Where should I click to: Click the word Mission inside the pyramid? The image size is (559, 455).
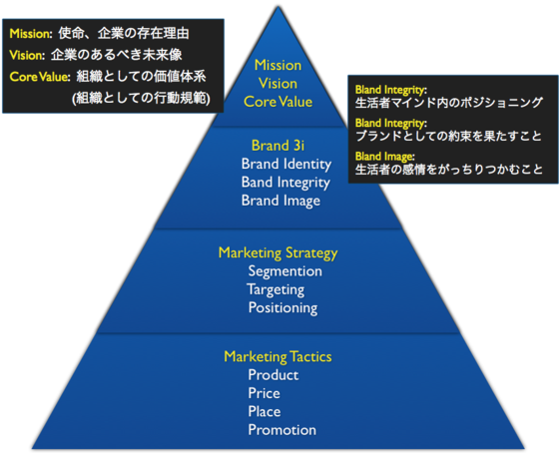click(x=278, y=65)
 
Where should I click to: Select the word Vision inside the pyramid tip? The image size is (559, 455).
click(x=278, y=83)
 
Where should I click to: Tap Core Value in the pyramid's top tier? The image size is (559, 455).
click(x=278, y=101)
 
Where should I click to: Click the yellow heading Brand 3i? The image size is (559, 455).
click(x=279, y=145)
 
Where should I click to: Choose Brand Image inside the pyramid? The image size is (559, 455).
click(x=280, y=201)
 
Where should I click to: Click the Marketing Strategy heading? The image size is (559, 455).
click(x=278, y=252)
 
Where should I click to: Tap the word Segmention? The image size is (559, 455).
click(x=284, y=271)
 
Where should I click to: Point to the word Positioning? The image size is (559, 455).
click(x=282, y=307)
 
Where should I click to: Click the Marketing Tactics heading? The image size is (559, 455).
click(x=278, y=356)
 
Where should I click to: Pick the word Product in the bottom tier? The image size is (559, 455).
click(x=273, y=375)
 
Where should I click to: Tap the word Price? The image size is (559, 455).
click(x=264, y=393)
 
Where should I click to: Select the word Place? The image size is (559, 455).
click(x=265, y=411)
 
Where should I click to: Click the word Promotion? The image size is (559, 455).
click(x=281, y=430)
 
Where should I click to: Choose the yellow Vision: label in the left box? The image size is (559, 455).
click(x=28, y=55)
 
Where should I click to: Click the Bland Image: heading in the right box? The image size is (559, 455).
click(x=385, y=156)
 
